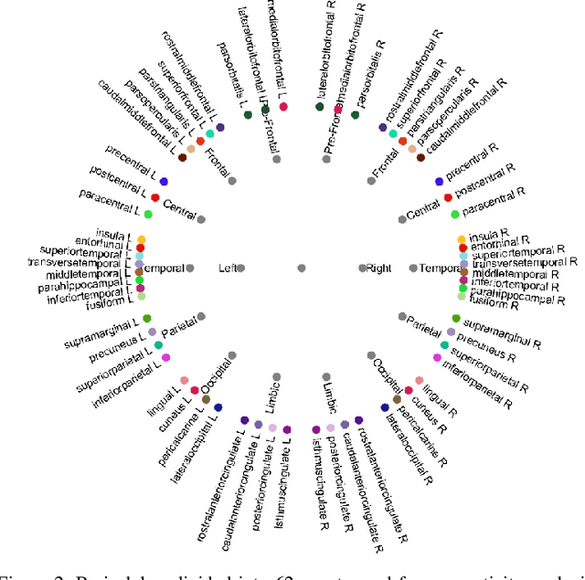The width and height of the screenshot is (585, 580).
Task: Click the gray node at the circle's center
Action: point(302,268)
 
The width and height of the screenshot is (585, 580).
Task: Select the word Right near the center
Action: point(378,268)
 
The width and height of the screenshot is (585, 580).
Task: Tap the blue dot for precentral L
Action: point(165,182)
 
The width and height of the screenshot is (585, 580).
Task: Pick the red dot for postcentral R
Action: point(448,197)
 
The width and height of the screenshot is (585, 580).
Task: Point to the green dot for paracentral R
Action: point(455,215)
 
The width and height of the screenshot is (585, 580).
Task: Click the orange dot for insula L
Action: point(142,240)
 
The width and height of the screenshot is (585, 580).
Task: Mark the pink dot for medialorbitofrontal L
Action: point(284,108)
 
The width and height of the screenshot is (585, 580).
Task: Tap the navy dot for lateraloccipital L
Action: point(218,408)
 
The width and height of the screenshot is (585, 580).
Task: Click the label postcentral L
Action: point(118,181)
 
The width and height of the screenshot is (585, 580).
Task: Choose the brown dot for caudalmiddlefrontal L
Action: point(182,157)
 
